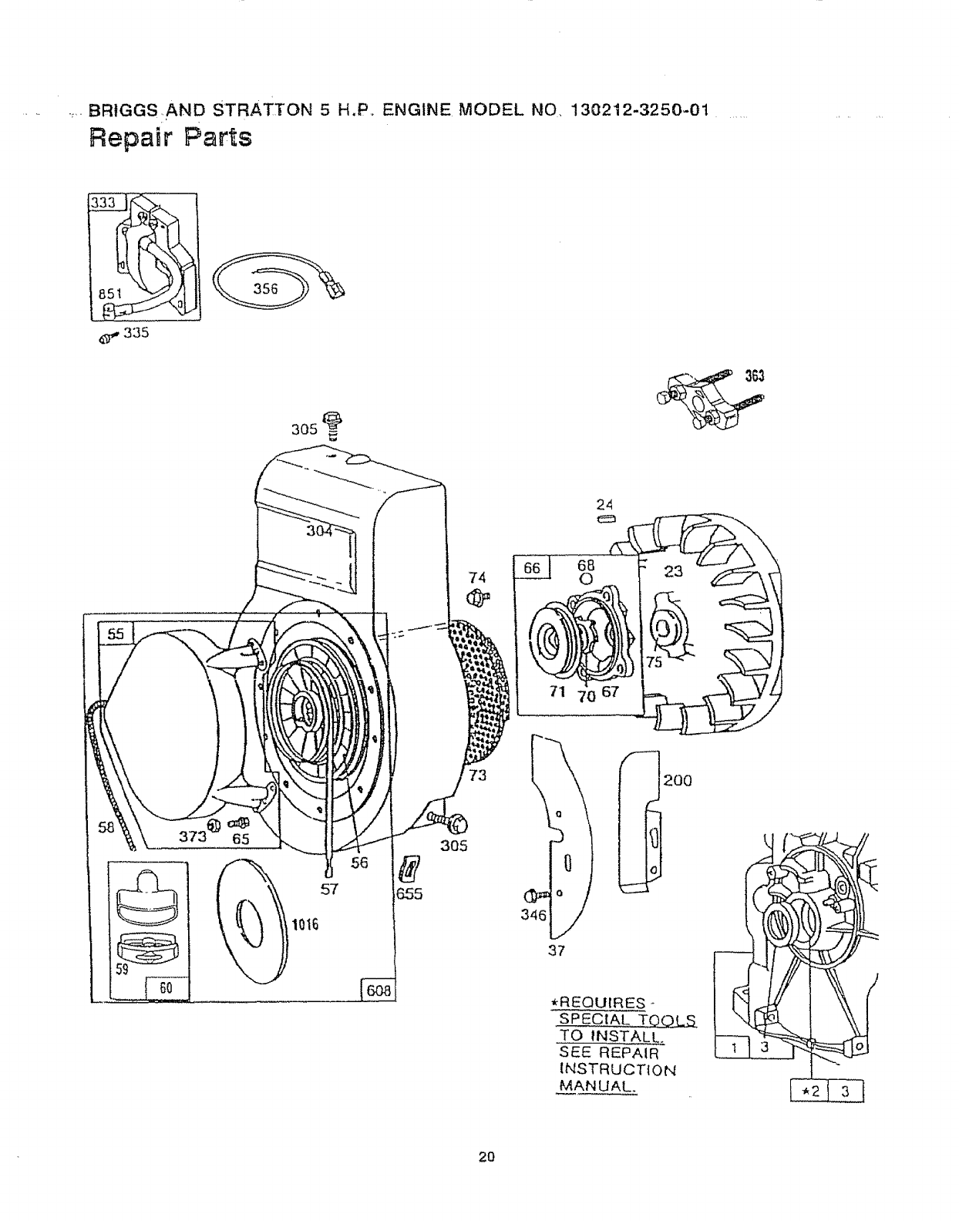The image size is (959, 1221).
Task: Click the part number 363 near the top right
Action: pyautogui.click(x=753, y=376)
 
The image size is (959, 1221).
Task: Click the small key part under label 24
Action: pyautogui.click(x=604, y=519)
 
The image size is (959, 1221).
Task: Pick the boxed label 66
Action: pyautogui.click(x=532, y=568)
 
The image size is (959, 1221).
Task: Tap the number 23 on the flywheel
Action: pyautogui.click(x=673, y=571)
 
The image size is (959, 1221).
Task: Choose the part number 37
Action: pyautogui.click(x=556, y=950)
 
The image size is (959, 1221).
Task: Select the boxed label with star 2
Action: pyautogui.click(x=808, y=1092)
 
